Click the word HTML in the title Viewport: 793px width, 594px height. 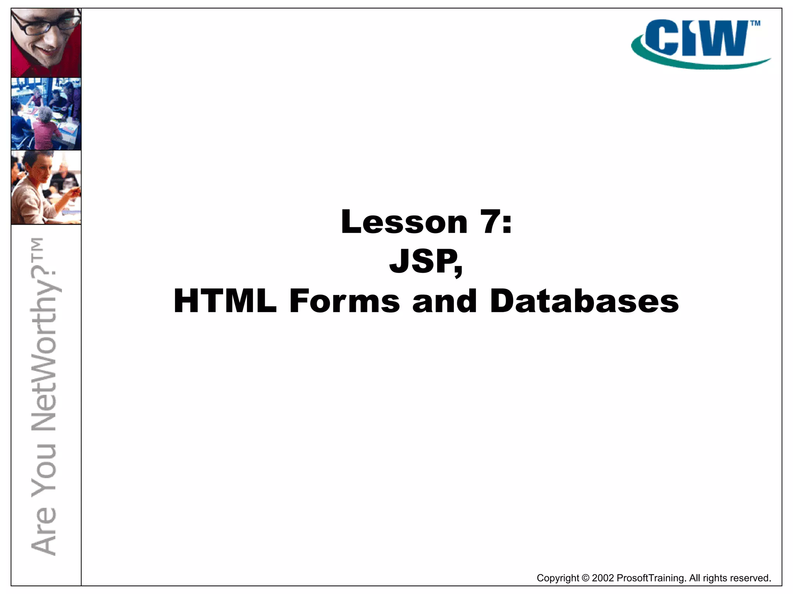225,301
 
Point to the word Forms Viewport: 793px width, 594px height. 344,301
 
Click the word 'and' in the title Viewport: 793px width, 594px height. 444,301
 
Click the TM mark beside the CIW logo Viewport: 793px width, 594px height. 755,24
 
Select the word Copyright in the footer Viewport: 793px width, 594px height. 558,578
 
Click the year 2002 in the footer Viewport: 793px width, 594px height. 602,578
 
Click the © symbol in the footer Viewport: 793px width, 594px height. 585,578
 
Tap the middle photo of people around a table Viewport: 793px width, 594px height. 46,114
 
